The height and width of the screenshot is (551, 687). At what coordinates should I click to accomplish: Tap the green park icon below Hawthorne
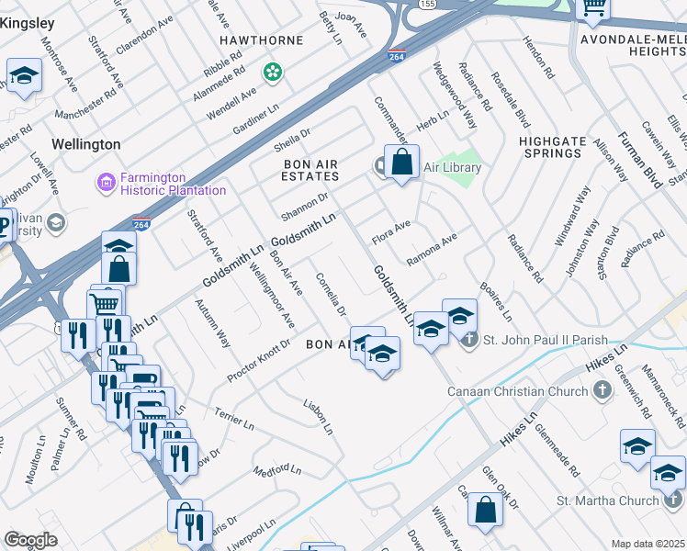click(x=273, y=72)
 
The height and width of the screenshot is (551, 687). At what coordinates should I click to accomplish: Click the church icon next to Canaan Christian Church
click(x=602, y=392)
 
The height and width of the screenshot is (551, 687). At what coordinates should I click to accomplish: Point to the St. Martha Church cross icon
click(x=674, y=500)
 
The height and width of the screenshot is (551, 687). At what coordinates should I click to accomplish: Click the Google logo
click(x=30, y=540)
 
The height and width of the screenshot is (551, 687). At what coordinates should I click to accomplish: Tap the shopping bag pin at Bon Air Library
click(x=401, y=163)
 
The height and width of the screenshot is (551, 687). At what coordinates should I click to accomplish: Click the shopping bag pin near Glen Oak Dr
click(x=485, y=510)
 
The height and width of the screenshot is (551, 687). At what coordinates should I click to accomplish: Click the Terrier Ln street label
click(x=234, y=420)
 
